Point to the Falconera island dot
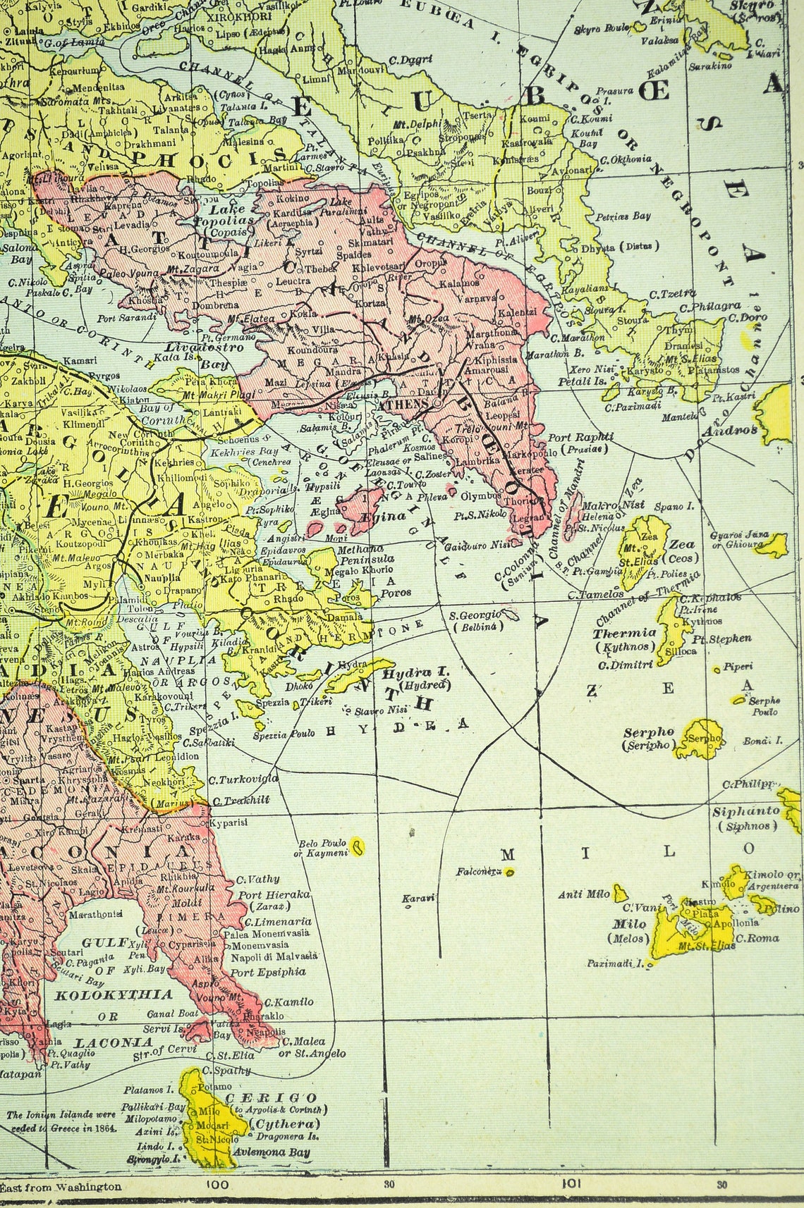click(510, 872)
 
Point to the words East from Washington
click(61, 1186)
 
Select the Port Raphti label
click(580, 438)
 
